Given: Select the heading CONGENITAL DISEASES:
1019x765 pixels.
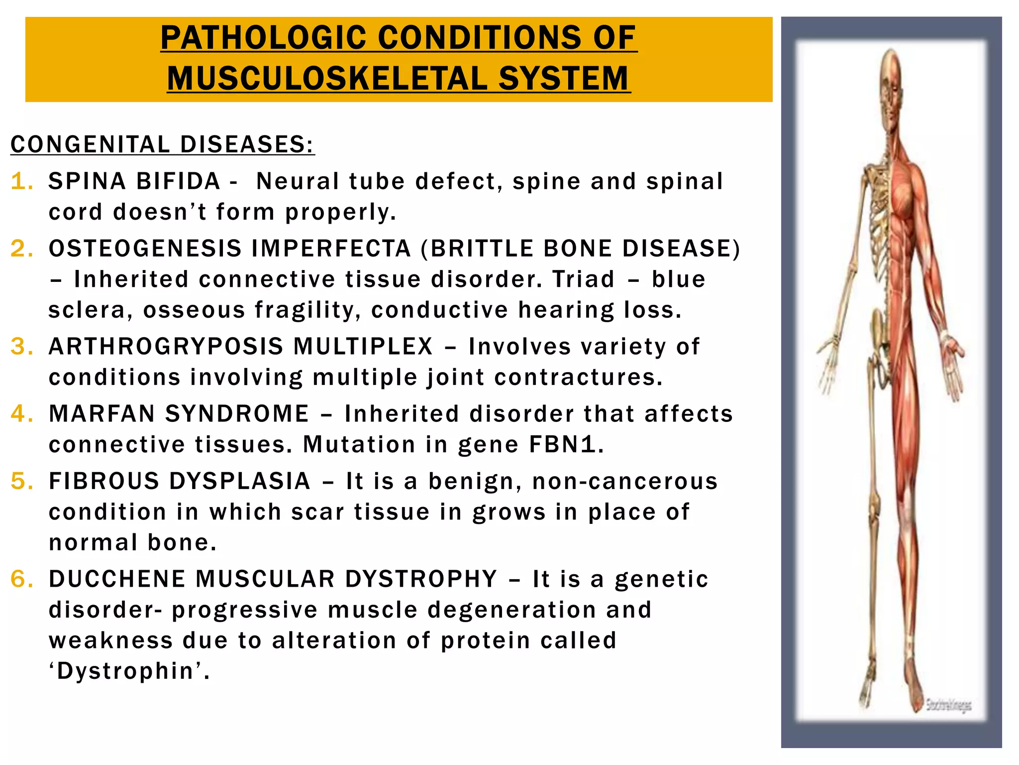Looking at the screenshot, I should [x=163, y=145].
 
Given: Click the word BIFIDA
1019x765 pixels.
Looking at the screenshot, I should [x=178, y=181].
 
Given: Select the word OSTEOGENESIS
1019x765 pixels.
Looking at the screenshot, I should [x=145, y=249].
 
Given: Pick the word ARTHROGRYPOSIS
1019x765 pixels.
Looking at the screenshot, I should [x=166, y=347].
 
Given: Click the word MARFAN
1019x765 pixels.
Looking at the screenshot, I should [x=102, y=414].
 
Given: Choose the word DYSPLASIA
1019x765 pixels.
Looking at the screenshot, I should [x=240, y=481].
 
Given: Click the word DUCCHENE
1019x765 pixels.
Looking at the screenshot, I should [x=116, y=579].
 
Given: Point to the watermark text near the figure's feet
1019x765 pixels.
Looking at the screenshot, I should [x=948, y=705].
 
